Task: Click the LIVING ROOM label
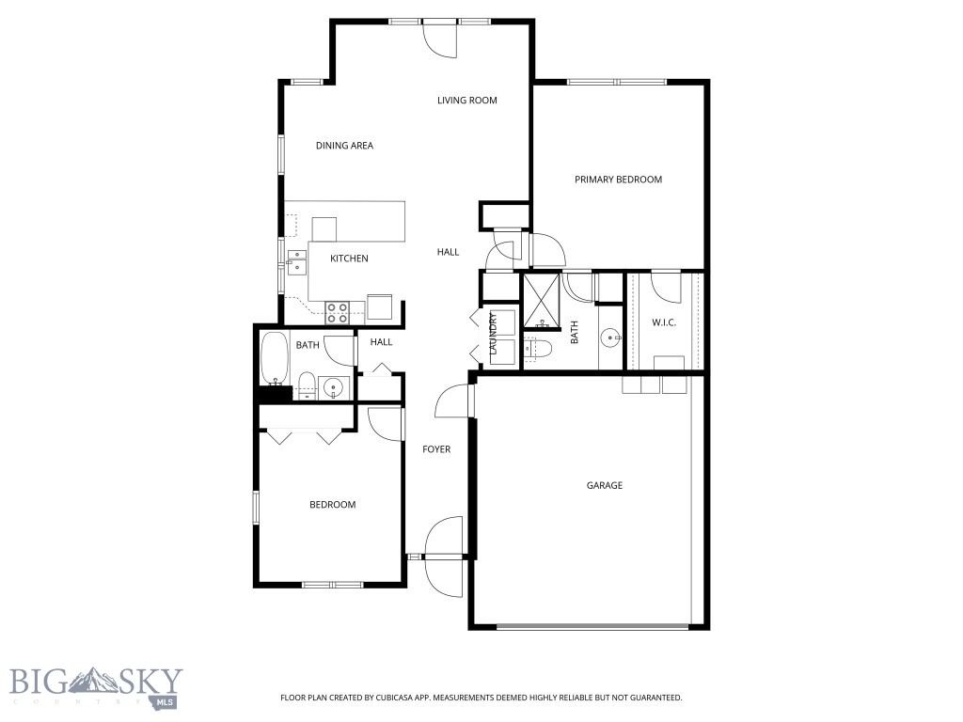(466, 101)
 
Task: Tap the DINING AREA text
(344, 146)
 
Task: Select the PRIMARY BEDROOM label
(618, 180)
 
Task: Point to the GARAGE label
(605, 486)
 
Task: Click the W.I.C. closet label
(664, 322)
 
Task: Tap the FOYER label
(435, 449)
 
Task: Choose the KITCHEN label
(349, 259)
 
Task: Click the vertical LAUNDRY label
(492, 336)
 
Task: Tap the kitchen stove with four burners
(338, 308)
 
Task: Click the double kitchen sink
(296, 260)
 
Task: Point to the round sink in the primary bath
(610, 337)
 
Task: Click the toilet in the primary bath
(538, 349)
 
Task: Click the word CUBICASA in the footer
(388, 698)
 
